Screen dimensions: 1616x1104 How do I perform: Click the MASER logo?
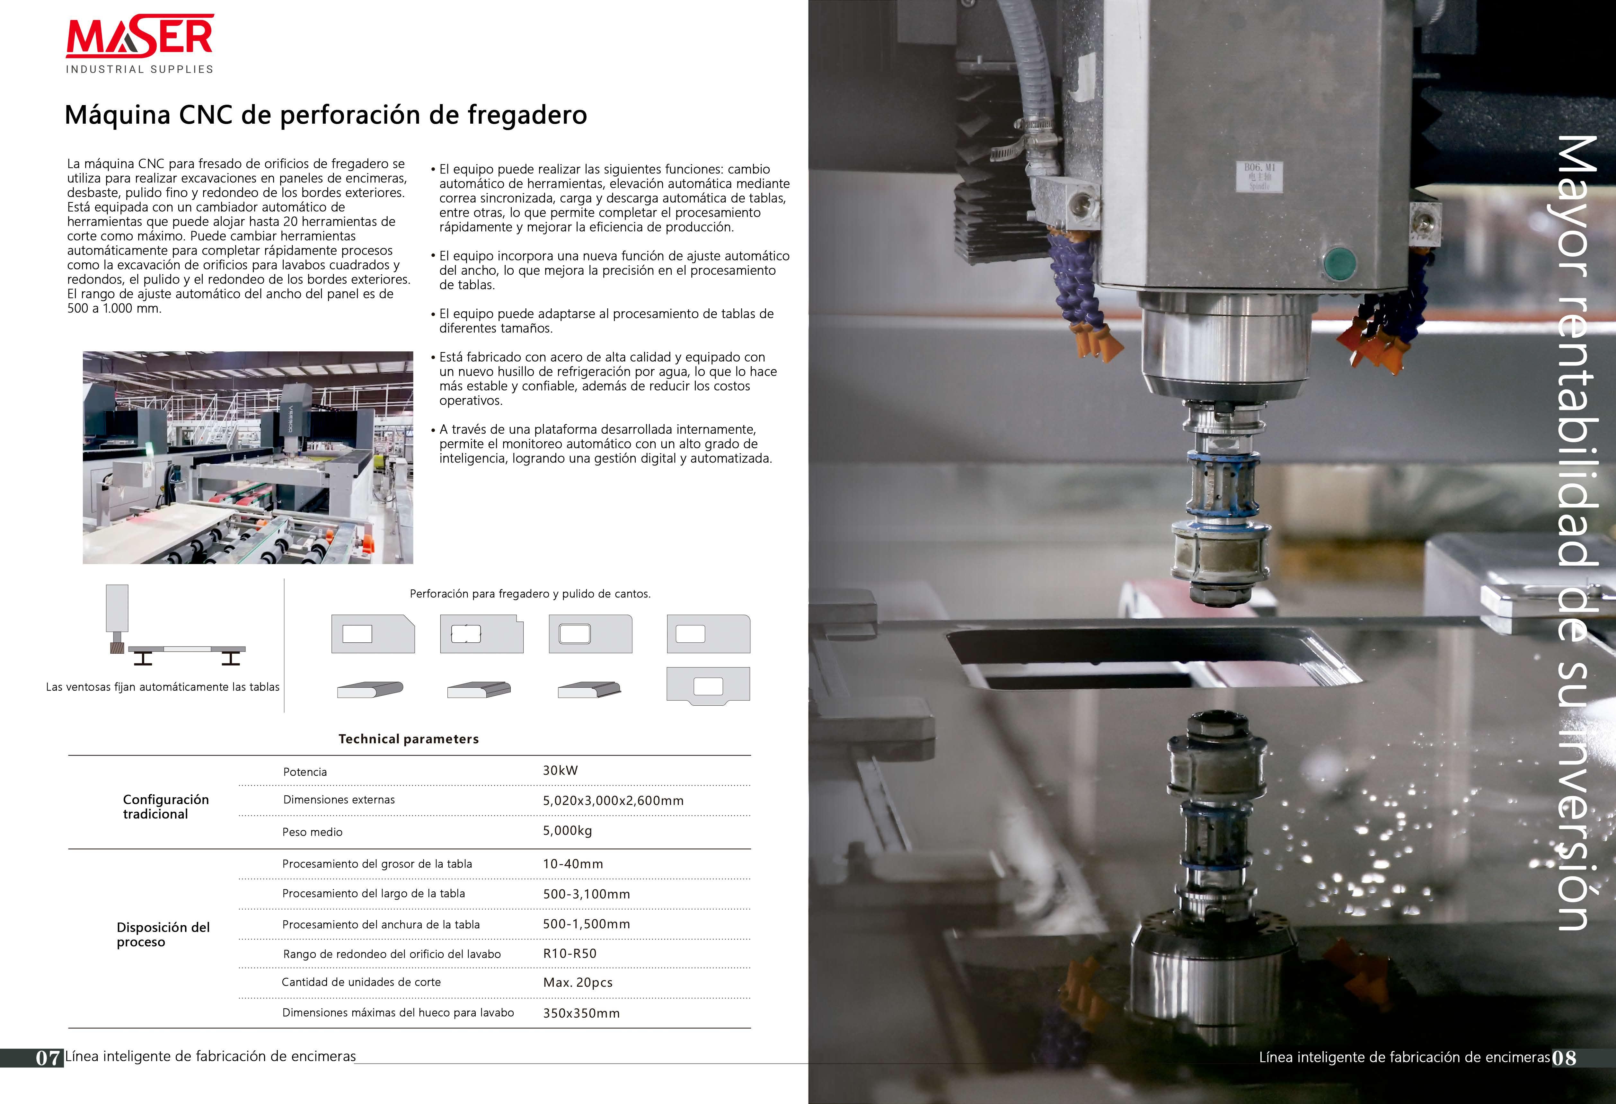point(140,43)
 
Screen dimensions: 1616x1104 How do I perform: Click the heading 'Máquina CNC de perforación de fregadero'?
point(325,115)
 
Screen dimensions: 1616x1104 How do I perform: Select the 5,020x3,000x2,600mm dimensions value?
point(613,800)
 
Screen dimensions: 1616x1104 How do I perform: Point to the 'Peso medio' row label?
point(312,832)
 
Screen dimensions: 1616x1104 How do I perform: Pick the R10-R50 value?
point(570,953)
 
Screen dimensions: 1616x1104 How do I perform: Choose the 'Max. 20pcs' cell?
point(577,982)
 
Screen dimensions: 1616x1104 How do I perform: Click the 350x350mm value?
point(581,1013)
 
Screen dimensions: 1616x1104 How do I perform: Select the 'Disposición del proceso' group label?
point(163,934)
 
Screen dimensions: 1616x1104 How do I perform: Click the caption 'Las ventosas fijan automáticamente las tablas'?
point(163,687)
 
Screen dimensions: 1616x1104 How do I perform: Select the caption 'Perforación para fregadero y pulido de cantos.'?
point(530,594)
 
